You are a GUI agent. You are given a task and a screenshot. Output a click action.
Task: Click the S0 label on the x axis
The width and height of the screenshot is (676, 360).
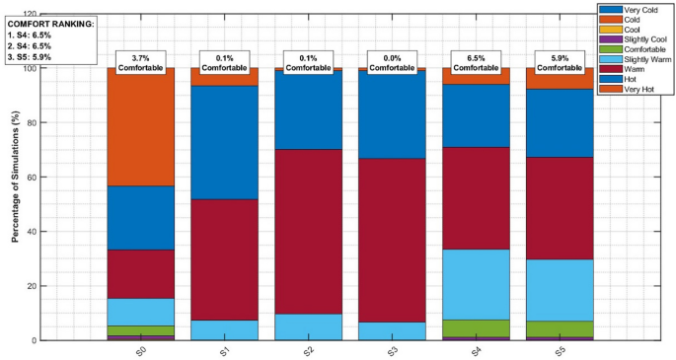[141, 351]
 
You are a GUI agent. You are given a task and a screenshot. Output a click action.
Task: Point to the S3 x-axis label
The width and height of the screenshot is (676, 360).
[393, 351]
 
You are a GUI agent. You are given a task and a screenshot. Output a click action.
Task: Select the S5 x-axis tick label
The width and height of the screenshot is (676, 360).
[561, 351]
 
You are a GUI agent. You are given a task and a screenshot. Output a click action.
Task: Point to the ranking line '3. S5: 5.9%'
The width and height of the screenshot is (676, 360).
[31, 57]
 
